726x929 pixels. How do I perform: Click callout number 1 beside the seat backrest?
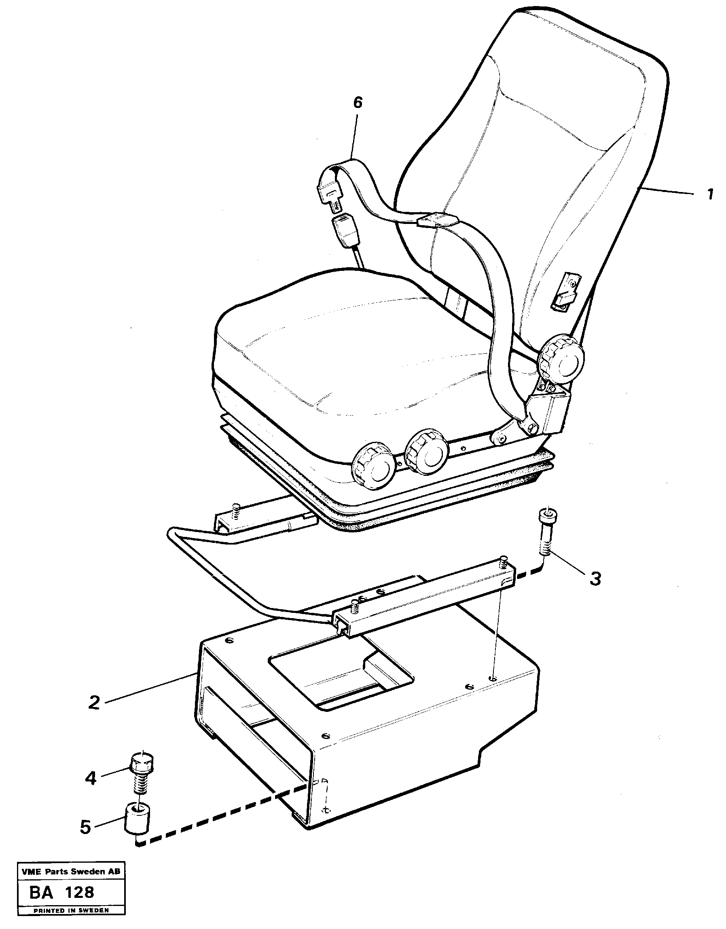click(x=710, y=195)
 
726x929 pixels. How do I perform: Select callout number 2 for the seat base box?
click(x=94, y=702)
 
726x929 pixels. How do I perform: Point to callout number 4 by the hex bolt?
click(x=91, y=778)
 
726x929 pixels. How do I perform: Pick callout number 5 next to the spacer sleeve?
click(x=85, y=827)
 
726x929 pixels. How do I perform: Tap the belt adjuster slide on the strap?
click(x=438, y=220)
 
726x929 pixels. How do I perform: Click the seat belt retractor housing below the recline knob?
click(x=549, y=411)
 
